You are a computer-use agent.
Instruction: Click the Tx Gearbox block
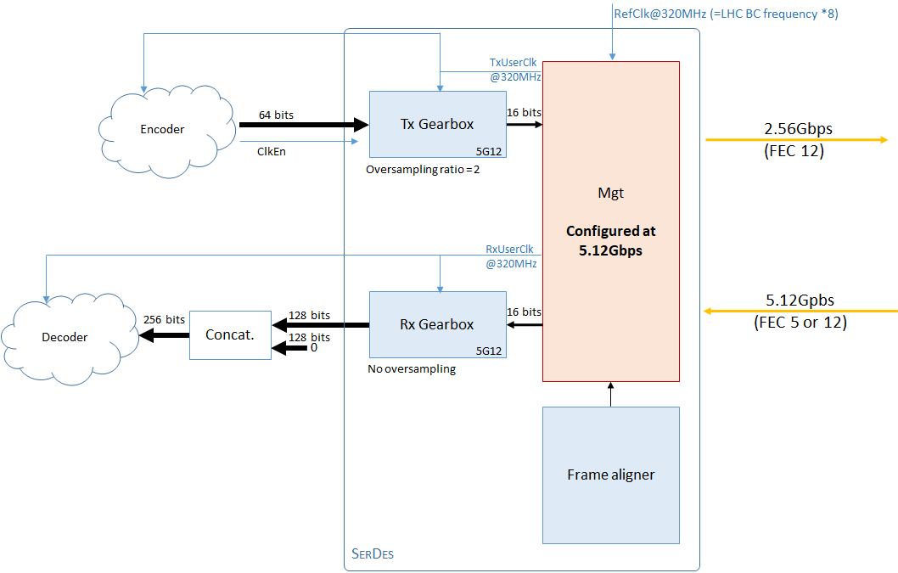436,124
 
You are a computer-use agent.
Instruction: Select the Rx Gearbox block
436,324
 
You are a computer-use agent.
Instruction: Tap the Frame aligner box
610,475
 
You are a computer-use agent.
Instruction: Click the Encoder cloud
161,129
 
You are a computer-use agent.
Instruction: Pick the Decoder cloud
65,337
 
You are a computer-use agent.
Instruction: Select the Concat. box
229,334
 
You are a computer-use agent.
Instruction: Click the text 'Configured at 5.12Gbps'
610,240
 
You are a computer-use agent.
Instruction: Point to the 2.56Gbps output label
798,129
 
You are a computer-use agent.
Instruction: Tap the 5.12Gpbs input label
800,301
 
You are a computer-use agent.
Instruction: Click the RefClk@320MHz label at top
726,14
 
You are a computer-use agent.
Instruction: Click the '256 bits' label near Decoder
164,320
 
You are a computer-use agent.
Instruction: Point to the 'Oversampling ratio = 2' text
423,169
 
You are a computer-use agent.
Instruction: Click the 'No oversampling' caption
411,369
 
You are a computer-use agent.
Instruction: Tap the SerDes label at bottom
373,554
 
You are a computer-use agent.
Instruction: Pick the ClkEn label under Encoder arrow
272,153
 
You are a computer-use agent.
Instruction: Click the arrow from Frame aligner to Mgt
610,394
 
